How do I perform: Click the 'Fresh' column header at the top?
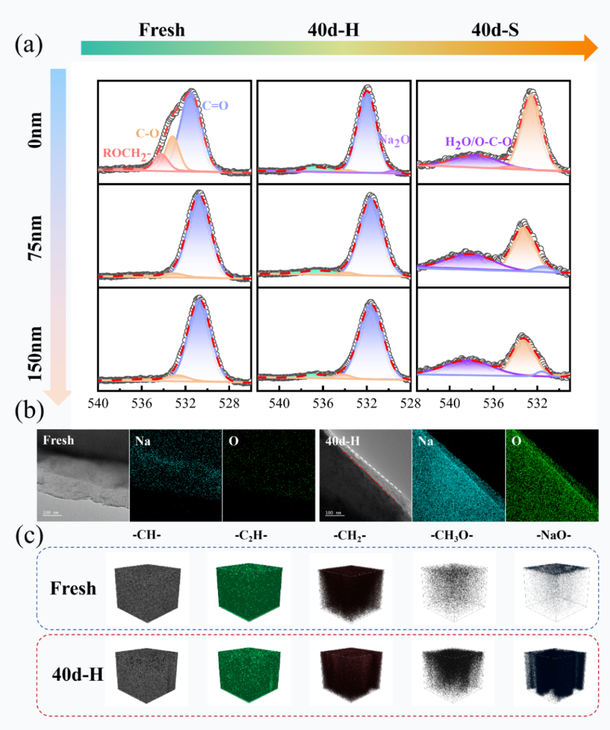click(x=161, y=30)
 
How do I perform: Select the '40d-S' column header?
click(x=495, y=30)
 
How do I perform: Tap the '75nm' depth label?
click(x=35, y=238)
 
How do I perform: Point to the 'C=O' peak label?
click(x=215, y=106)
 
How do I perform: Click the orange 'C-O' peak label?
click(x=147, y=134)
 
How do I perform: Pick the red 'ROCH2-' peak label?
click(x=127, y=153)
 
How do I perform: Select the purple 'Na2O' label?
click(x=395, y=140)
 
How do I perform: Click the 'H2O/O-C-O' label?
click(x=478, y=142)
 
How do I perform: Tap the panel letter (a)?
click(x=29, y=45)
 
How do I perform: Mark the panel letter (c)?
click(x=29, y=537)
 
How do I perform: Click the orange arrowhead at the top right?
click(x=590, y=47)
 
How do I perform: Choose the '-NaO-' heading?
click(x=554, y=536)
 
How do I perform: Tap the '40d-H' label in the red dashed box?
click(x=78, y=674)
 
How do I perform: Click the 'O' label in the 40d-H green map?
click(x=516, y=441)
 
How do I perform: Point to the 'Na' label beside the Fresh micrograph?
click(x=143, y=441)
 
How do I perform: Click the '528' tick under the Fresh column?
click(x=229, y=404)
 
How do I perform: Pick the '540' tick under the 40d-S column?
click(x=450, y=404)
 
